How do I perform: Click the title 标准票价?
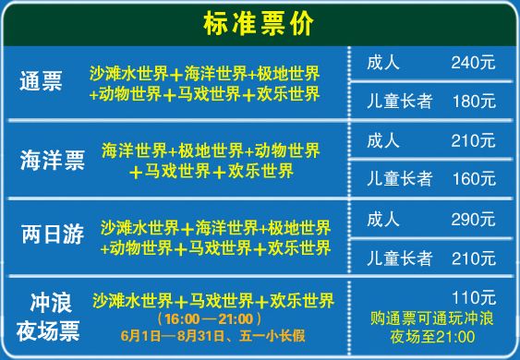pos(260,22)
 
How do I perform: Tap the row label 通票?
pos(41,81)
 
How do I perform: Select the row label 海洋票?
pos(52,161)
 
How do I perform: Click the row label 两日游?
pos(52,235)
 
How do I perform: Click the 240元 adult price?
pos(473,63)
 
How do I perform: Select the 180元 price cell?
pos(473,100)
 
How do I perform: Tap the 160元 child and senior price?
pos(473,178)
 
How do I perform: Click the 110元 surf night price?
pos(475,297)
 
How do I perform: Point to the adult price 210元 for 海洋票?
pos(473,141)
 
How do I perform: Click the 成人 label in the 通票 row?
pos(382,63)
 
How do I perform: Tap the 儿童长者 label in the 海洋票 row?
pos(399,178)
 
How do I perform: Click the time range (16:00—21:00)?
pos(212,318)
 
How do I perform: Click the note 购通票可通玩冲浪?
pos(432,319)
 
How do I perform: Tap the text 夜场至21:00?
pos(432,338)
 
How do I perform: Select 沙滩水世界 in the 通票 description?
pos(129,74)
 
